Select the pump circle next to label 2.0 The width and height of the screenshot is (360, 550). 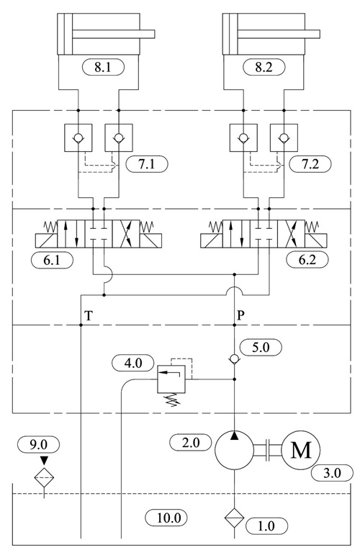pyautogui.click(x=235, y=450)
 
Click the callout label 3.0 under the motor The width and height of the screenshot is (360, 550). pyautogui.click(x=330, y=473)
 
